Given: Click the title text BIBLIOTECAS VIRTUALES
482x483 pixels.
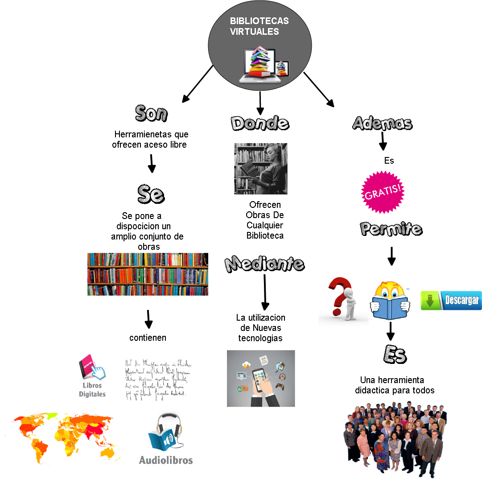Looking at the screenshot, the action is click(x=259, y=26).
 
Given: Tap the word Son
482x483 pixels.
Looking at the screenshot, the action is click(x=151, y=113).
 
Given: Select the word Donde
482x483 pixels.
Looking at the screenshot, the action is click(x=260, y=123).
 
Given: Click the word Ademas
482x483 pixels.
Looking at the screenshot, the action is click(x=382, y=123).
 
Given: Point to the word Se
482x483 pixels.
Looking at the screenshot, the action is click(x=150, y=194).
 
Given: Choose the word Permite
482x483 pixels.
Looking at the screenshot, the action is click(x=391, y=229).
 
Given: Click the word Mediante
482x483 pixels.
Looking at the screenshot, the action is click(x=264, y=264).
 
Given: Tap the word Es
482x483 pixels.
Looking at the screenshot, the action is click(x=395, y=355).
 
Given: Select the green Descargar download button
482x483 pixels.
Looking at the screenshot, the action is click(x=451, y=301).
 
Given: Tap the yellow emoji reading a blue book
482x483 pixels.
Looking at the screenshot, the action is click(x=390, y=301).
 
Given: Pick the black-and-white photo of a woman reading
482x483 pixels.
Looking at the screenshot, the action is click(x=261, y=169).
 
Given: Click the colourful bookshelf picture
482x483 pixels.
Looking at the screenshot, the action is click(x=148, y=274).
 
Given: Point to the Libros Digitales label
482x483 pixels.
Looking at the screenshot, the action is click(x=92, y=389).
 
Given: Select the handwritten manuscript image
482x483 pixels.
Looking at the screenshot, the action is click(x=158, y=379).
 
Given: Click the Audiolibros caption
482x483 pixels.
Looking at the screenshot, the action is click(x=166, y=460).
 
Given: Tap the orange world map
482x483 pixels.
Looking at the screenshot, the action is click(x=64, y=439).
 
